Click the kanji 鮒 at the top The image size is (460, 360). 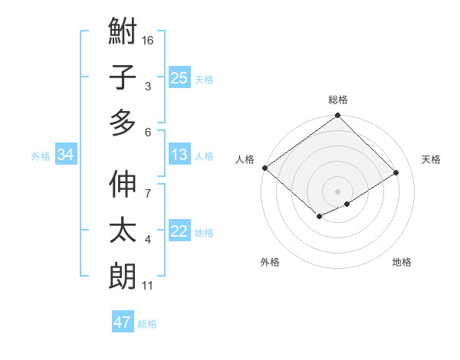(123, 33)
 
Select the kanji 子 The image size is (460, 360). (123, 77)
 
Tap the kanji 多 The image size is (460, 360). (123, 122)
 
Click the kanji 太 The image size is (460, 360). (123, 231)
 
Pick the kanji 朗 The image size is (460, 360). (123, 275)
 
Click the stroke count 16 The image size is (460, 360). (149, 40)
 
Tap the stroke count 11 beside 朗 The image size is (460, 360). (148, 286)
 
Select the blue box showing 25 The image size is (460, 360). (179, 77)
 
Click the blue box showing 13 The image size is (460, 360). (179, 155)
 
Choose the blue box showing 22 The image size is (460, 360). (179, 231)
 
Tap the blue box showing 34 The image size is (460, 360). (66, 155)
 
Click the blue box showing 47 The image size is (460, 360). (123, 322)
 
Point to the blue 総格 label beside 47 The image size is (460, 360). (147, 324)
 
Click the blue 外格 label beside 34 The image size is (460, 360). (41, 156)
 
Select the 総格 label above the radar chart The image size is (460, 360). (338, 100)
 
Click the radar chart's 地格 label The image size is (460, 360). (402, 262)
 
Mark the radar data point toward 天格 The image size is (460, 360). (396, 173)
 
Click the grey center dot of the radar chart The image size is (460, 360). (337, 191)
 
